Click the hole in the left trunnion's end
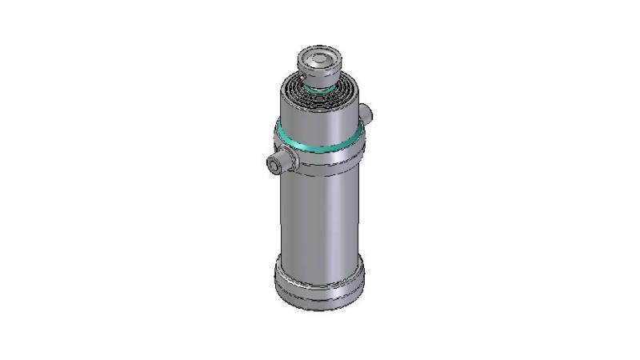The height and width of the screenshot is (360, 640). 273,166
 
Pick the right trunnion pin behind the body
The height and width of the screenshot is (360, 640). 367,114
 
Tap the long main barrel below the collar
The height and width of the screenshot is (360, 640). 319,216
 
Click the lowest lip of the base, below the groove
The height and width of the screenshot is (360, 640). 319,302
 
